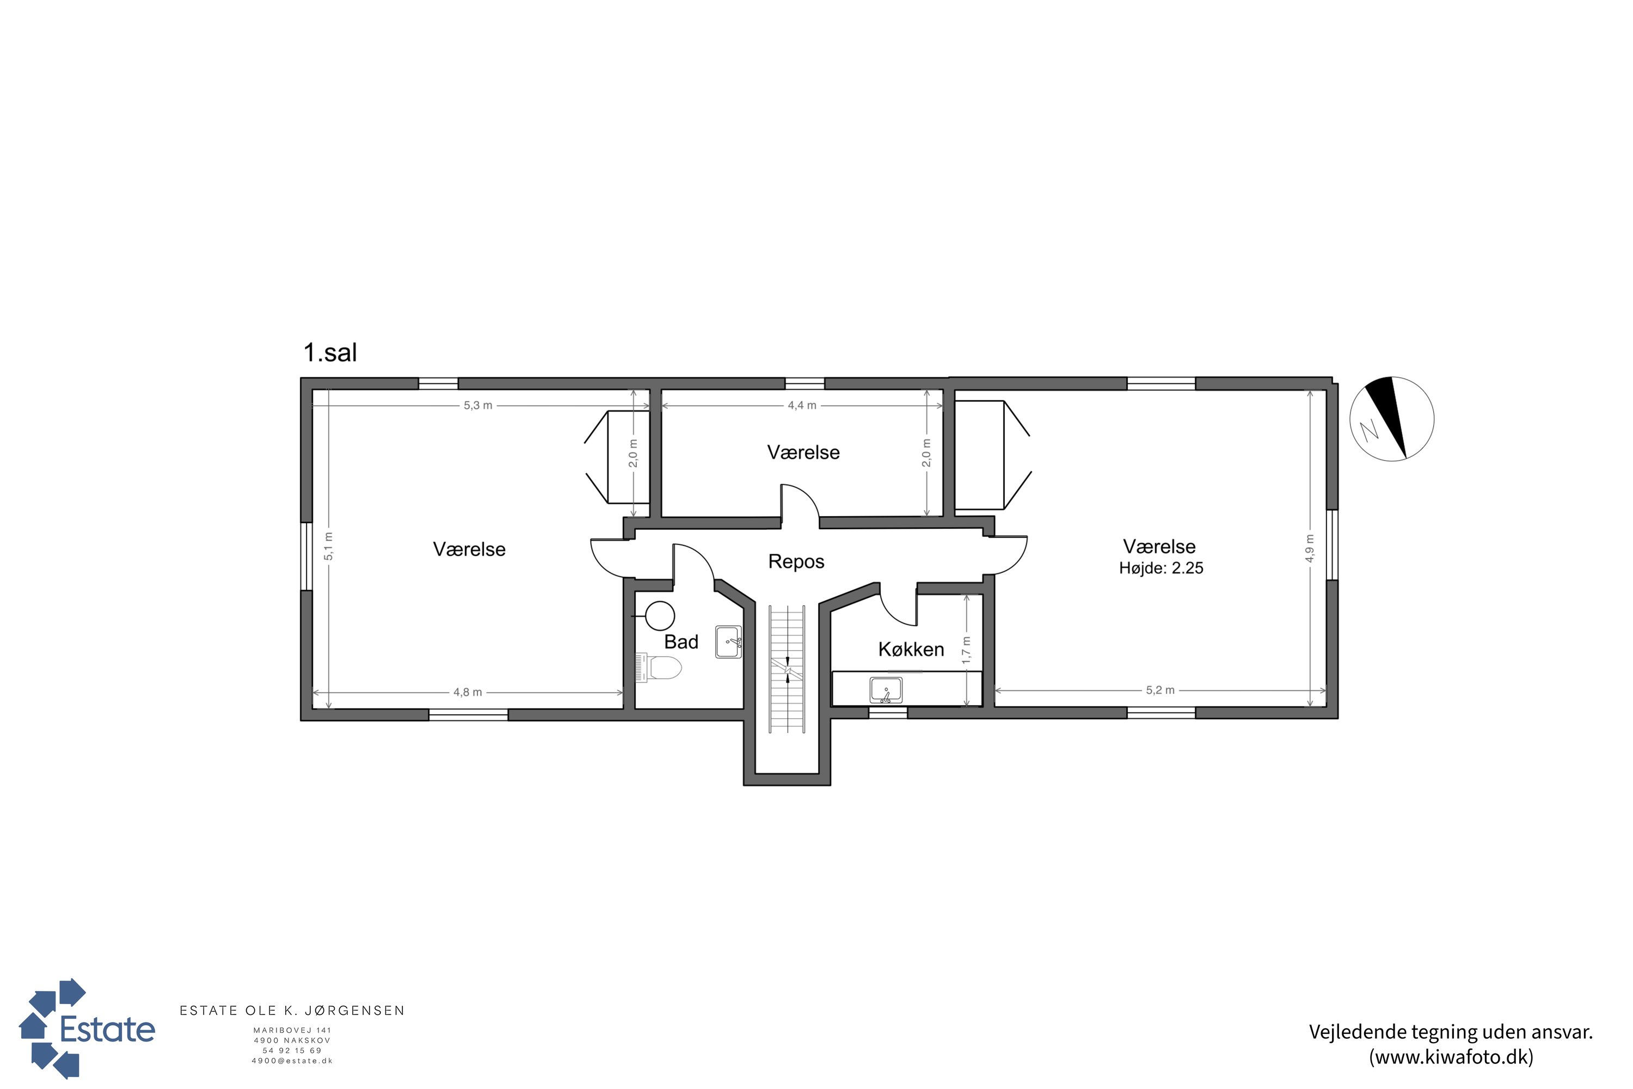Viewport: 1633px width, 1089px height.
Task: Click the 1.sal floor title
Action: point(330,353)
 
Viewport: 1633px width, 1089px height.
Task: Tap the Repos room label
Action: point(796,562)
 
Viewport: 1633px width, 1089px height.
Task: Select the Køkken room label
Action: point(911,650)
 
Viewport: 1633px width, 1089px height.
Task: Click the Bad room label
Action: point(681,642)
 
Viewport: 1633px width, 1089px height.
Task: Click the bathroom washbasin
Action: point(728,643)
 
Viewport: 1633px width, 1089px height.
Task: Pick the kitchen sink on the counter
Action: point(886,690)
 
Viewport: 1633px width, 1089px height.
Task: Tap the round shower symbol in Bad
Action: point(660,616)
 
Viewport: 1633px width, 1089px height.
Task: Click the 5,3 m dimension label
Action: point(478,406)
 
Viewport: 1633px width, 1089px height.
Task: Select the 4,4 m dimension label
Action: point(802,406)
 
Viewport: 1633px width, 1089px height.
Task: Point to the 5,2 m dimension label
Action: point(1160,690)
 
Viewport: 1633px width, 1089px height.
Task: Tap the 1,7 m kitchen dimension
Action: point(967,651)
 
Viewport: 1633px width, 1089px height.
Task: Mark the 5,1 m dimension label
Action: point(328,547)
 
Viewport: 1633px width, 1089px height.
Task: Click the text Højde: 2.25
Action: point(1161,568)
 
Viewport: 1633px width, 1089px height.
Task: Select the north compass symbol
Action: point(1391,419)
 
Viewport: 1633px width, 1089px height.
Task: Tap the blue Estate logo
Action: point(87,1029)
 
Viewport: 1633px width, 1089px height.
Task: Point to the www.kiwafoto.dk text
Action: point(1451,1057)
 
